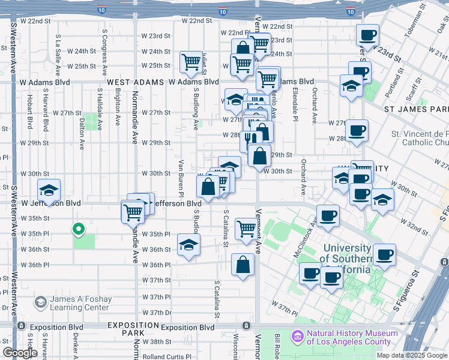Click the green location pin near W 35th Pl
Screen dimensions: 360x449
77,229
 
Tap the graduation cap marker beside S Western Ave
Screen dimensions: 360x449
49,191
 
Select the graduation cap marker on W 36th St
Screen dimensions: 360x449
188,245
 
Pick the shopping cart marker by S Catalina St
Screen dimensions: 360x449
246,229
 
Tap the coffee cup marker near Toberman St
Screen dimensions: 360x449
367,35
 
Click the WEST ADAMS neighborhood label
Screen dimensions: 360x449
136,82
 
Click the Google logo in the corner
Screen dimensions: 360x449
20,353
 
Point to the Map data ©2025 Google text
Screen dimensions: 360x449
412,355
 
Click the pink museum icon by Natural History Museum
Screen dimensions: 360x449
297,337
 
